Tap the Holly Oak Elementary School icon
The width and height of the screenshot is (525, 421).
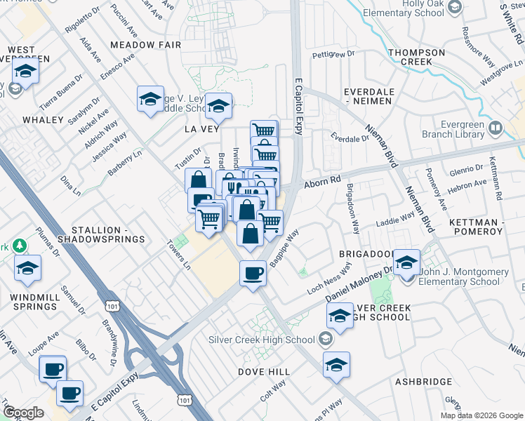click(454, 8)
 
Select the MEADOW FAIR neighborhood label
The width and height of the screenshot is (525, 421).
click(146, 45)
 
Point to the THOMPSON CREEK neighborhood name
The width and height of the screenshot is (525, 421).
click(417, 57)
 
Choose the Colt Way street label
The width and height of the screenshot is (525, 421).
click(273, 388)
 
